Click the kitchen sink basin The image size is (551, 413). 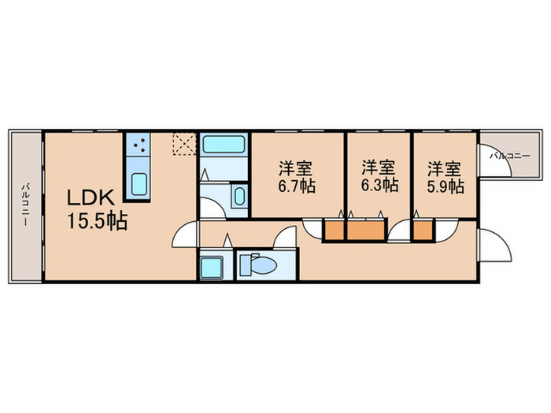click(139, 185)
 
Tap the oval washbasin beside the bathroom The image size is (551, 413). click(238, 196)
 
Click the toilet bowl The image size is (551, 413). click(259, 266)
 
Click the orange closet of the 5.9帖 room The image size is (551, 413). click(423, 230)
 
